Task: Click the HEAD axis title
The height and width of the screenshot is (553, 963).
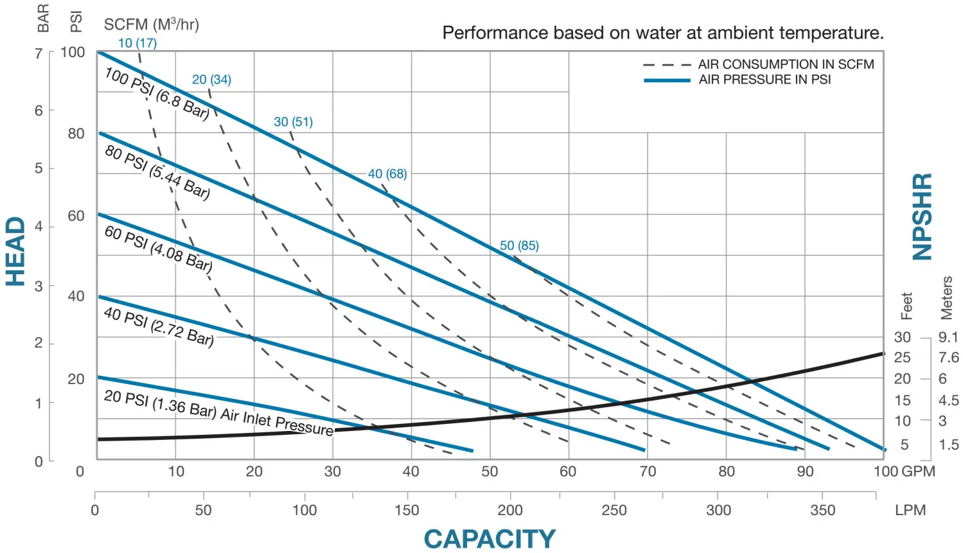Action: pyautogui.click(x=15, y=251)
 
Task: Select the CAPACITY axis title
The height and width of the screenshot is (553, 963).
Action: pyautogui.click(x=490, y=539)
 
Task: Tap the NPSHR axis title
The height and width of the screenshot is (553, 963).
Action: pyautogui.click(x=923, y=216)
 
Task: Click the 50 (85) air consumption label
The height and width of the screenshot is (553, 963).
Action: pyautogui.click(x=519, y=245)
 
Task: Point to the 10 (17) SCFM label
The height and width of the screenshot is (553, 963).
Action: pyautogui.click(x=137, y=43)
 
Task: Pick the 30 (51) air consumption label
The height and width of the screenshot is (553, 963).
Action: pyautogui.click(x=293, y=121)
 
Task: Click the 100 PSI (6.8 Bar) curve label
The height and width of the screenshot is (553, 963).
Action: pyautogui.click(x=157, y=94)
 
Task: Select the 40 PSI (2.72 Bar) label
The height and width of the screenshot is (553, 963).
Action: pyautogui.click(x=159, y=326)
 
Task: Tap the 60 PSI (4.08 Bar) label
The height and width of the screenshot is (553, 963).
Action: pyautogui.click(x=158, y=249)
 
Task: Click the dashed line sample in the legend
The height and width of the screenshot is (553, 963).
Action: pyautogui.click(x=666, y=65)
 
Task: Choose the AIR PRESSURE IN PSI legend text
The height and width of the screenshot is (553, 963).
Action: pyautogui.click(x=764, y=80)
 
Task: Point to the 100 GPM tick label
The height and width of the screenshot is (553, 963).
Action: pyautogui.click(x=904, y=471)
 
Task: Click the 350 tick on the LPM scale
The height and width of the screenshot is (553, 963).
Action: pyautogui.click(x=822, y=510)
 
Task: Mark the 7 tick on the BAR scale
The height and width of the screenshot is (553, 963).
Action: pyautogui.click(x=39, y=53)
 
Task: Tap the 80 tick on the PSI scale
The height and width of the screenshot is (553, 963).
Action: pyautogui.click(x=76, y=134)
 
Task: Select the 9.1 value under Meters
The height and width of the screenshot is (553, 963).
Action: pyautogui.click(x=948, y=337)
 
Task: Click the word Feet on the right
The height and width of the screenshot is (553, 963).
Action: pyautogui.click(x=906, y=306)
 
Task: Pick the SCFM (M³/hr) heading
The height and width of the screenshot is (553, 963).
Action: pyautogui.click(x=152, y=24)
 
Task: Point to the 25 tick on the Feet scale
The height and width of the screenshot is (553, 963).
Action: pyautogui.click(x=902, y=357)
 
